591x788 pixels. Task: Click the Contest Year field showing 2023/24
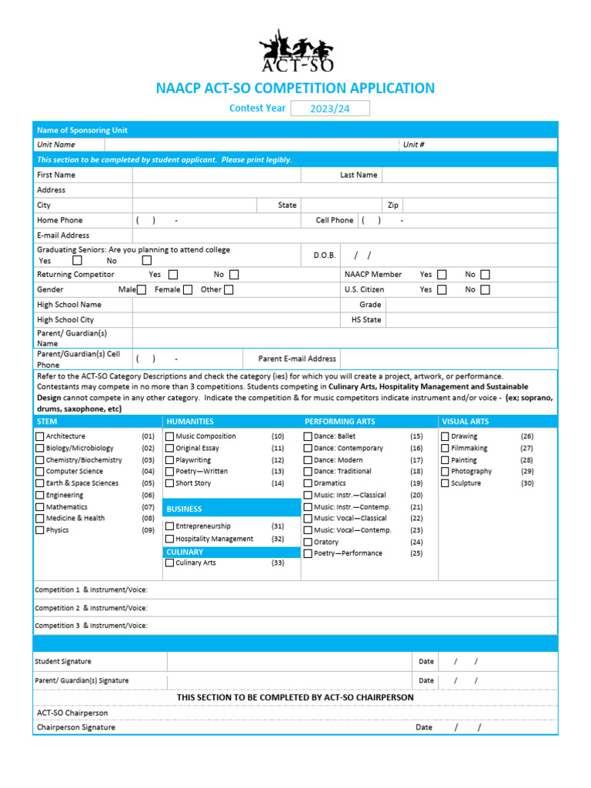pyautogui.click(x=329, y=109)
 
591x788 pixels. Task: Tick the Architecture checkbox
pyautogui.click(x=40, y=436)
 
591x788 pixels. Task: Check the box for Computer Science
pyautogui.click(x=40, y=471)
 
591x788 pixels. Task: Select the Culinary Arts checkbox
pyautogui.click(x=170, y=563)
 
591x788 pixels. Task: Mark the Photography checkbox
pyautogui.click(x=446, y=471)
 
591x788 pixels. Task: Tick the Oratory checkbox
pyautogui.click(x=308, y=542)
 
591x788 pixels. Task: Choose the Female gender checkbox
pyautogui.click(x=188, y=290)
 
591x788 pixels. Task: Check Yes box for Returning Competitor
pyautogui.click(x=173, y=275)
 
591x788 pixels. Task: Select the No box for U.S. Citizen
pyautogui.click(x=485, y=290)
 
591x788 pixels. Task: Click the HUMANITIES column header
pyautogui.click(x=190, y=422)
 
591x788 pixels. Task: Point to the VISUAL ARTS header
pyautogui.click(x=465, y=422)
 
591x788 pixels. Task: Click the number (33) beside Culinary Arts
pyautogui.click(x=278, y=563)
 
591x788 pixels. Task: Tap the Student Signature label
pyautogui.click(x=63, y=662)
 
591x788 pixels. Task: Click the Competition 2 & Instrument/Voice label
pyautogui.click(x=91, y=608)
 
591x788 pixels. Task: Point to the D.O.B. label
pyautogui.click(x=325, y=255)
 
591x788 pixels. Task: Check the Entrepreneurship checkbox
pyautogui.click(x=170, y=526)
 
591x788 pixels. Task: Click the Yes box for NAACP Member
pyautogui.click(x=442, y=275)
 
